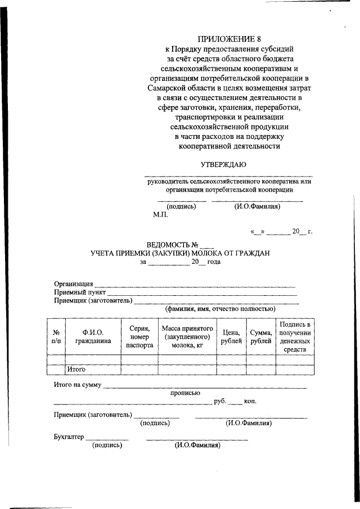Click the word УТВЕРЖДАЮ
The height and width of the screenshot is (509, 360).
tap(223, 164)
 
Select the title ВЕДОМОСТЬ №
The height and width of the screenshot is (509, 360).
tap(174, 245)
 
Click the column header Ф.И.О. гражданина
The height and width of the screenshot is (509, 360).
tap(93, 336)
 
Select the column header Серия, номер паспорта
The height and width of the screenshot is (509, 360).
tap(139, 336)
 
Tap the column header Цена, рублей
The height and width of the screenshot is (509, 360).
tap(231, 336)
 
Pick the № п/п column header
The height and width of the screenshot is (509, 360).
tap(56, 336)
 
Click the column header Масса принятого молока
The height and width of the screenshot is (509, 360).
tap(187, 336)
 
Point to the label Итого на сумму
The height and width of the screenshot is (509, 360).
tap(78, 385)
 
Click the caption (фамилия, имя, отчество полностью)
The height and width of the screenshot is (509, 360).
tap(219, 309)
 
